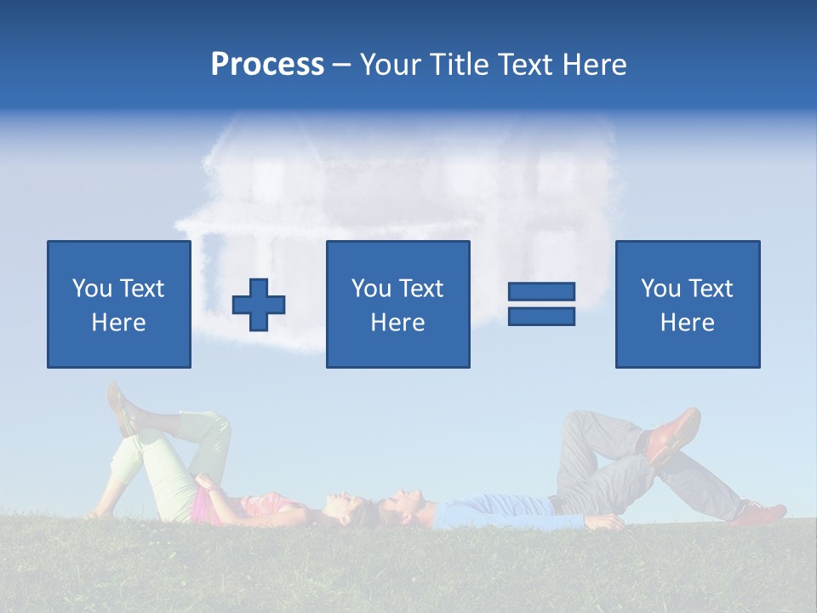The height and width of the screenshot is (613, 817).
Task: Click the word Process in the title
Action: click(x=267, y=65)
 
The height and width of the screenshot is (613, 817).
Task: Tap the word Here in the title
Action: click(x=593, y=65)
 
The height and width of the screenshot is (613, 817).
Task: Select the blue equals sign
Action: click(x=541, y=304)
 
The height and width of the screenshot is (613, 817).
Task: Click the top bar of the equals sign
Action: click(x=541, y=292)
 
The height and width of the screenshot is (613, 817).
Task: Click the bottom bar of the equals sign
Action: click(x=541, y=316)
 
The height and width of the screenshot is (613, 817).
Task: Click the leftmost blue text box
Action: click(x=119, y=304)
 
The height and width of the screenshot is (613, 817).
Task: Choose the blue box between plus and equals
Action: click(x=397, y=304)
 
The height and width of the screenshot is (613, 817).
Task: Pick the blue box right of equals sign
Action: click(x=687, y=304)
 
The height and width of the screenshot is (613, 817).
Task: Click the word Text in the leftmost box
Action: click(x=141, y=289)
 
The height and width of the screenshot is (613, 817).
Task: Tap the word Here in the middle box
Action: click(x=397, y=323)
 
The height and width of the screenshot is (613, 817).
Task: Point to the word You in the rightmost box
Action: click(x=660, y=289)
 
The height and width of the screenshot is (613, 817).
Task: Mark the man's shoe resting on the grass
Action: click(x=761, y=513)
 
